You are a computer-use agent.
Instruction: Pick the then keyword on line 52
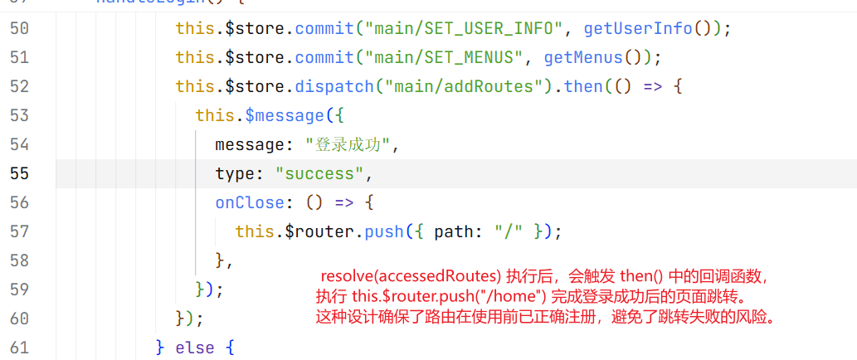coord(583,86)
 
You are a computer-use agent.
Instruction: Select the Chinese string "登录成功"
coord(348,144)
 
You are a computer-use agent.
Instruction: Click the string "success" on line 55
coord(320,173)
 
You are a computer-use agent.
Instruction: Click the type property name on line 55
coord(235,173)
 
